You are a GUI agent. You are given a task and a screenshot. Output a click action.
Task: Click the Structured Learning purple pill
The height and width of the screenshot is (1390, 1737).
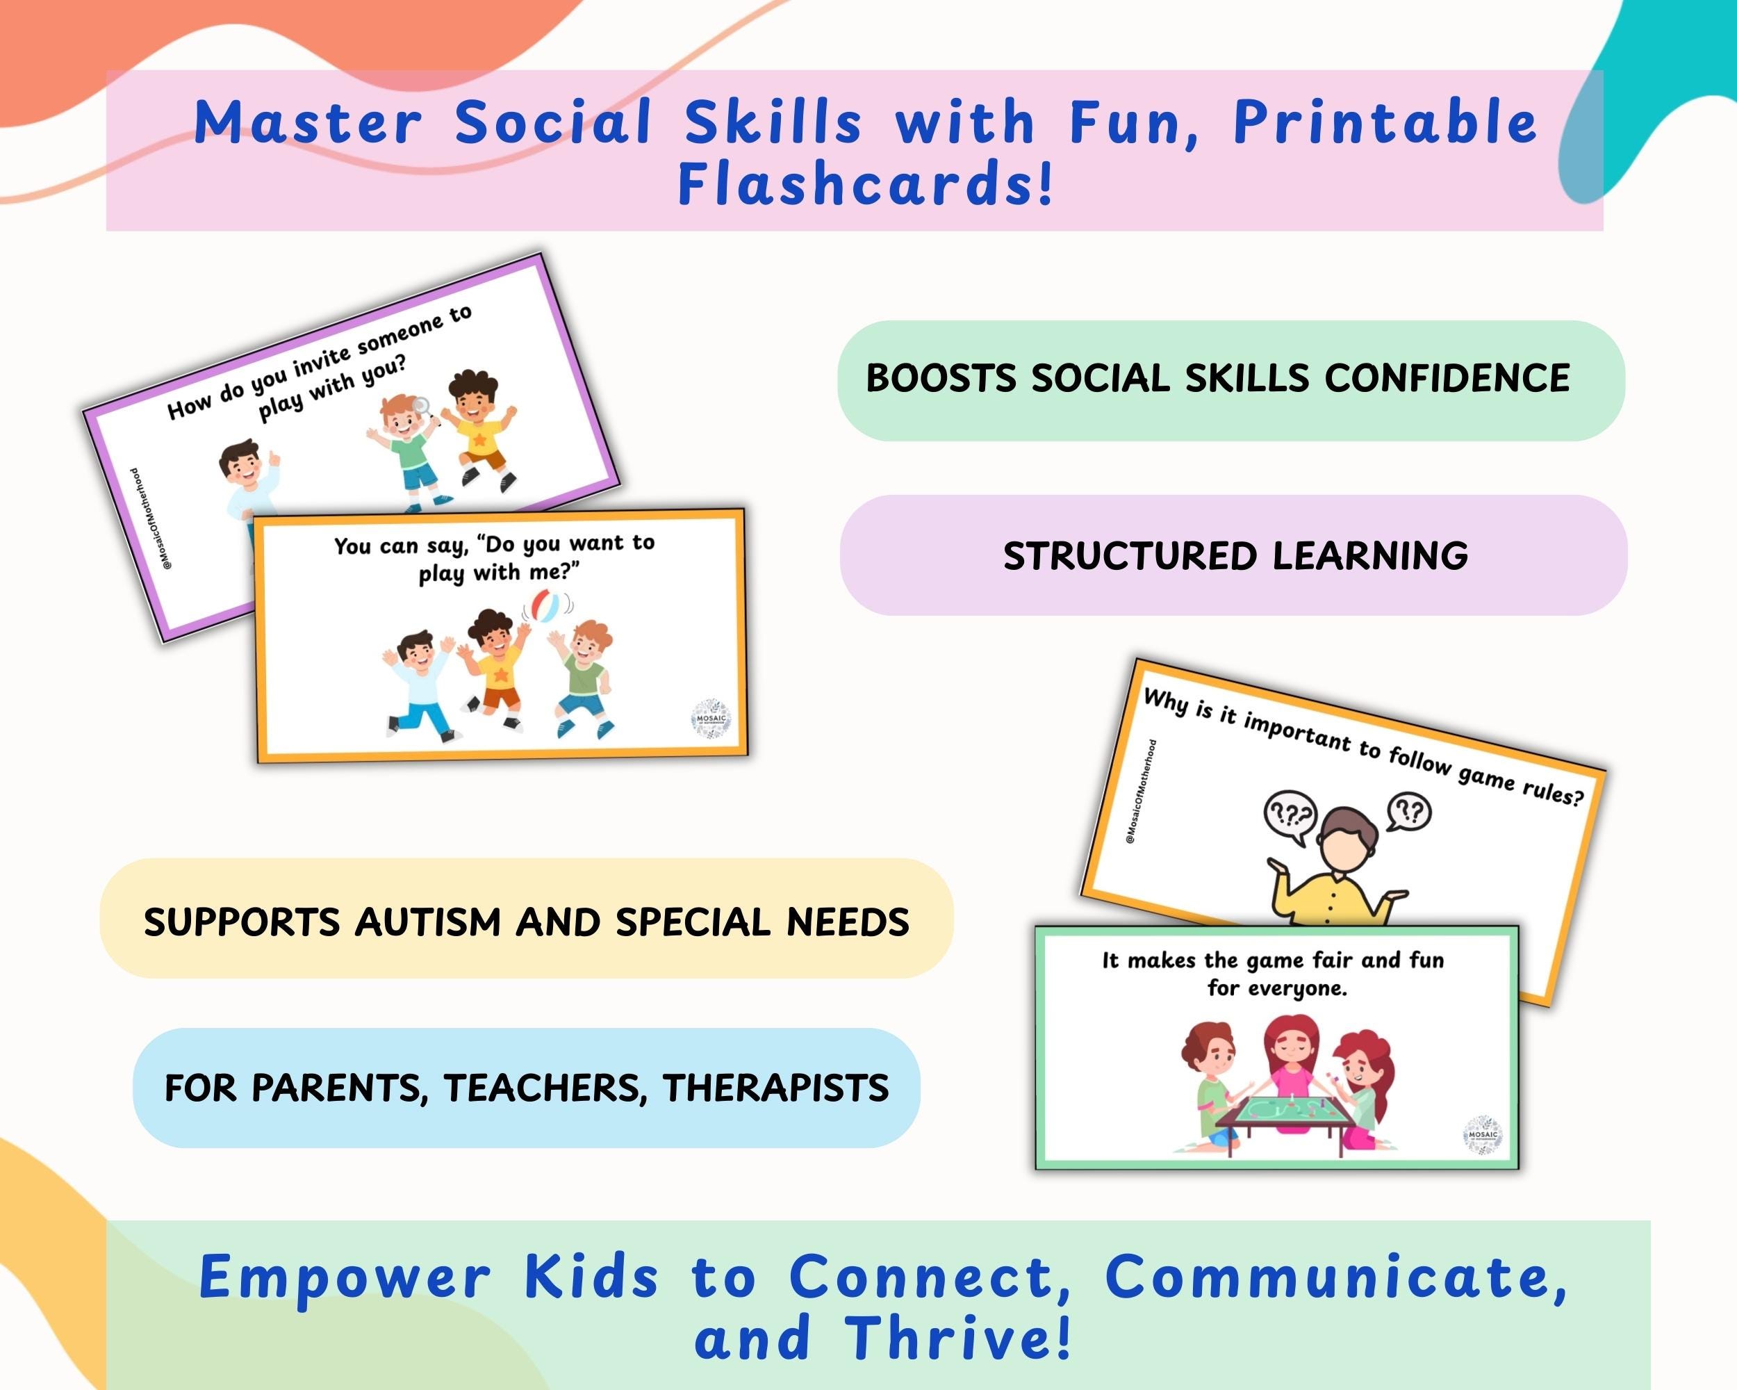1233,555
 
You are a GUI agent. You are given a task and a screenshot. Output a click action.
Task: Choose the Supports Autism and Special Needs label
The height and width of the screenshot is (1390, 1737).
526,921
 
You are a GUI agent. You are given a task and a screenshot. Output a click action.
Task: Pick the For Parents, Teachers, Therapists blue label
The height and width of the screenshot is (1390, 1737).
526,1087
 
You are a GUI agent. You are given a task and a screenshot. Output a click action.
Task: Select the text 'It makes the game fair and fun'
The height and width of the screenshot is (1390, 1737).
1273,960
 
